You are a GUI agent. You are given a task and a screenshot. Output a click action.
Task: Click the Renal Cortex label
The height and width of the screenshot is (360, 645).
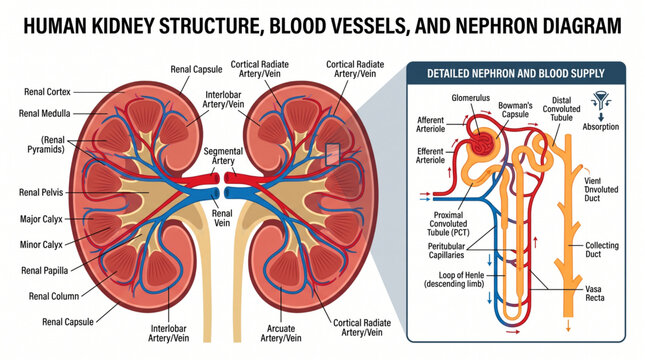tap(47, 92)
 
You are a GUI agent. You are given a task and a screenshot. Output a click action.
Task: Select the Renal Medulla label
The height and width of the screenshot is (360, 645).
tap(44, 113)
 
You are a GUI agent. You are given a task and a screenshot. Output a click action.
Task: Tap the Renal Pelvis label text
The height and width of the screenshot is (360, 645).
tap(41, 192)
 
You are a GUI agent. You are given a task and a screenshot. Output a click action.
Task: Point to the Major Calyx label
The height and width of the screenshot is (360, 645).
tap(41, 219)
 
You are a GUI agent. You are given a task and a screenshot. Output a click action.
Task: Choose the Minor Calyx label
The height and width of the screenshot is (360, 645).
tap(41, 245)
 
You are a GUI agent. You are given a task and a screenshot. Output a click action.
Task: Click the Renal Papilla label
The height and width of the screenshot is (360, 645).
tap(44, 270)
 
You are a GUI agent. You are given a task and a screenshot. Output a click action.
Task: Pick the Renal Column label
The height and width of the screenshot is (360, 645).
tap(54, 296)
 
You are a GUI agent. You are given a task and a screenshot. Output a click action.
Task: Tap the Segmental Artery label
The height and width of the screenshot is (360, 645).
tap(223, 156)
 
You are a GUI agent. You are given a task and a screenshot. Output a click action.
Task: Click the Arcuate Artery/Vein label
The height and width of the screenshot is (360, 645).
tap(281, 333)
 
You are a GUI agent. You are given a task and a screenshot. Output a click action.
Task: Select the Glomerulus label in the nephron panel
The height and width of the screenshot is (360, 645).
tap(471, 98)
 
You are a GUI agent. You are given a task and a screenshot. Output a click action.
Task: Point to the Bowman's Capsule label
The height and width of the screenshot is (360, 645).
tap(515, 110)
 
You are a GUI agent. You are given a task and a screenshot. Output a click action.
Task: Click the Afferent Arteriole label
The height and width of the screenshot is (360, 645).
tap(430, 124)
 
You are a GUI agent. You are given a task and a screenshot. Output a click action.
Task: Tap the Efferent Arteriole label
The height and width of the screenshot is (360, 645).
tap(430, 156)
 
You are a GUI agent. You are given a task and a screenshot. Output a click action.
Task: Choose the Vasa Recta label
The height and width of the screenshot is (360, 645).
tap(595, 293)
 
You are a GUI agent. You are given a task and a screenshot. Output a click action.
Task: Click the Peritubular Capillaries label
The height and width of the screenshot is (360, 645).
tap(446, 251)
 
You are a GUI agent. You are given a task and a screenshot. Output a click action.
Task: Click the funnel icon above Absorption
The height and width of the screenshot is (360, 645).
tap(601, 100)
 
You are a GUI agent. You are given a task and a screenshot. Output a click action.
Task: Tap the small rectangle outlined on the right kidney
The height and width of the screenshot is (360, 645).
tap(332, 155)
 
